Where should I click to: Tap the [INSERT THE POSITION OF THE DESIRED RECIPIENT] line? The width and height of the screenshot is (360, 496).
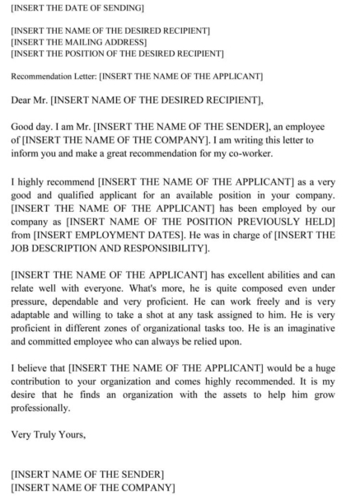(117, 54)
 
